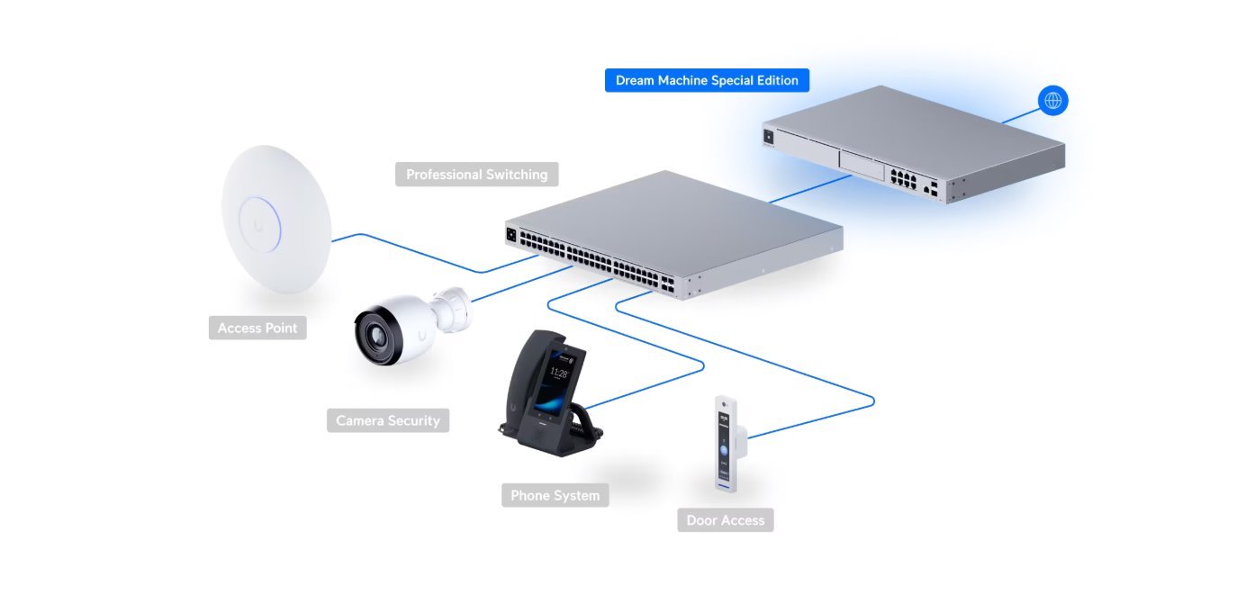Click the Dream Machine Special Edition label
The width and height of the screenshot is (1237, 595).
707,80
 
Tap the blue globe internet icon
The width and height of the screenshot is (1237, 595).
1052,100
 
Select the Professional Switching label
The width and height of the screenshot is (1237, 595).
476,175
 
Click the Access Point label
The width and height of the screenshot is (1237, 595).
257,328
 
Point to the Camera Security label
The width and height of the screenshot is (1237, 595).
387,420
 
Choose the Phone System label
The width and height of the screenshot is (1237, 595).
555,495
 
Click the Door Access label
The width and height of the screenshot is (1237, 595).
725,520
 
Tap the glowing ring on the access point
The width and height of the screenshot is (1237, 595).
259,221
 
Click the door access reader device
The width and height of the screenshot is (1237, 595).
727,444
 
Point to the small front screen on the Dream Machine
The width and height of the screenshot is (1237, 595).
769,137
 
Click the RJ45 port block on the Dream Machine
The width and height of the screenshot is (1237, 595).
901,177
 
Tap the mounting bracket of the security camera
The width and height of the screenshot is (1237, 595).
453,308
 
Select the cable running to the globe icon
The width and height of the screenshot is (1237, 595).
1020,115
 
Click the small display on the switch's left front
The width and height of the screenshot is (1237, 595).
511,234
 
